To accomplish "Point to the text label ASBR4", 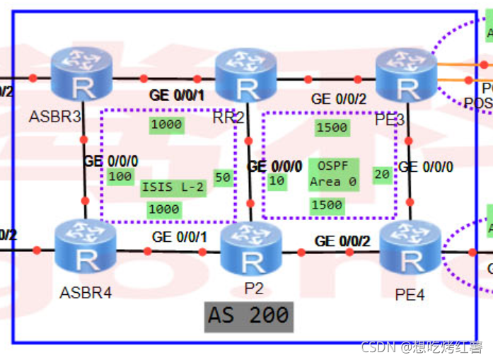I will click(86, 291).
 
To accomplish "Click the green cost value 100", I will click(120, 176).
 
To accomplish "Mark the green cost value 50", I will click(223, 178).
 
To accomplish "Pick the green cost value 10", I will click(276, 181).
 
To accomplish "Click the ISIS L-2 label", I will click(173, 187).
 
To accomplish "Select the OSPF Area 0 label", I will click(333, 174).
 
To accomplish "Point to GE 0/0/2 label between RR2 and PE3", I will click(340, 99).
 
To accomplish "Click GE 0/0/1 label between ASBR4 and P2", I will click(180, 237).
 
